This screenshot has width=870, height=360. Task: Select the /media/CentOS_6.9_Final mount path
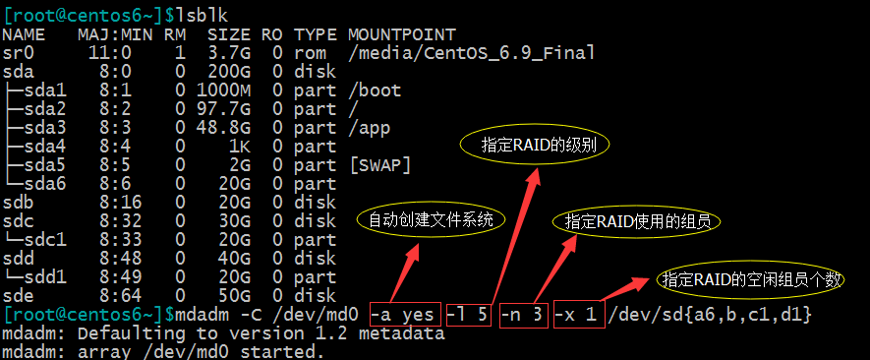tap(472, 53)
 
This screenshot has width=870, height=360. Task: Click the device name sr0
tap(19, 53)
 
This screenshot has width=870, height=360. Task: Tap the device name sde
tap(19, 296)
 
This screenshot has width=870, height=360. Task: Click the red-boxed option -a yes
tap(403, 315)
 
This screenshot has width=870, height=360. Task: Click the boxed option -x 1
tap(578, 315)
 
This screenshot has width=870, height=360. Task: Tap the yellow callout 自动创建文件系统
tap(431, 219)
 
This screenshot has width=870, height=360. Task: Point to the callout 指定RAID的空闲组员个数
tap(751, 279)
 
